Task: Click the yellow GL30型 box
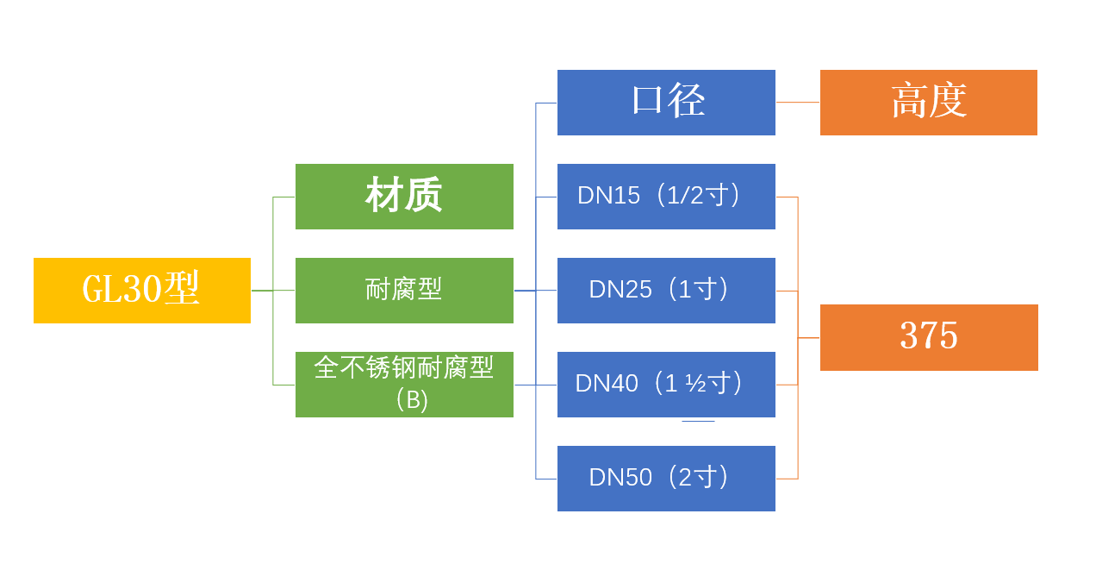[142, 291]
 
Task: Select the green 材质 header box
[404, 197]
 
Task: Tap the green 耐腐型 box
[404, 291]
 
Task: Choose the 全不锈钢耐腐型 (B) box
[404, 385]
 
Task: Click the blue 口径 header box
[666, 103]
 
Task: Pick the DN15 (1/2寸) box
[666, 197]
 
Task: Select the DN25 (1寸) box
[666, 291]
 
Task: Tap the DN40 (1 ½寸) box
[666, 385]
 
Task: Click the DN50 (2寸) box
[666, 479]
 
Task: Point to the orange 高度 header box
[928, 103]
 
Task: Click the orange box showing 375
[929, 337]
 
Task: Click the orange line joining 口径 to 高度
[798, 103]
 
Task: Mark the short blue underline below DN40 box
[698, 421]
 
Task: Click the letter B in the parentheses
[412, 401]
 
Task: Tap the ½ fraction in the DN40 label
[695, 384]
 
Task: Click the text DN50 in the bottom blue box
[620, 478]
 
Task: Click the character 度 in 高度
[949, 102]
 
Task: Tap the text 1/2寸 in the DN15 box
[698, 196]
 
